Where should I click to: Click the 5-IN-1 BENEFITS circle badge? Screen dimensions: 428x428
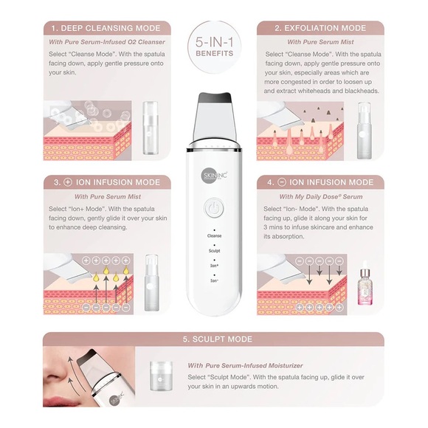214,49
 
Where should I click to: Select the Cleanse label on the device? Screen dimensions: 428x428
213,235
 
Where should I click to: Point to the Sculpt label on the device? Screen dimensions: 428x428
213,250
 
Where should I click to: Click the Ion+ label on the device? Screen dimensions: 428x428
213,265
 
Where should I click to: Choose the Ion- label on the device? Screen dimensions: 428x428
213,280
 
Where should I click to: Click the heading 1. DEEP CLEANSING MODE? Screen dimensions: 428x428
106,28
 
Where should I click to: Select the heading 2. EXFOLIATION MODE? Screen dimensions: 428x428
320,28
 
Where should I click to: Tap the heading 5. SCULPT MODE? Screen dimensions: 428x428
214,339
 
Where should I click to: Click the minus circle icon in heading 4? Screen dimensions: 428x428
281,182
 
